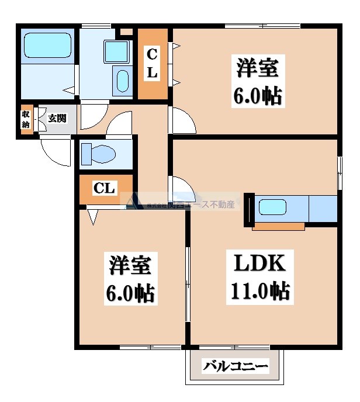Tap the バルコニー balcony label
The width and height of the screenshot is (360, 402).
tap(236, 367)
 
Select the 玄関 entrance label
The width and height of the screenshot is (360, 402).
tap(57, 119)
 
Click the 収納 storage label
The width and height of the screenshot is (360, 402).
tap(26, 119)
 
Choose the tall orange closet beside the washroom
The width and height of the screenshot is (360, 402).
tap(151, 64)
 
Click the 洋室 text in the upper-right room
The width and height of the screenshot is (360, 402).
tap(257, 68)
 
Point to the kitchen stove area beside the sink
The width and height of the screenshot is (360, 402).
tap(323, 209)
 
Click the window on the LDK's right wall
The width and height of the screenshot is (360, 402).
tap(339, 173)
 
